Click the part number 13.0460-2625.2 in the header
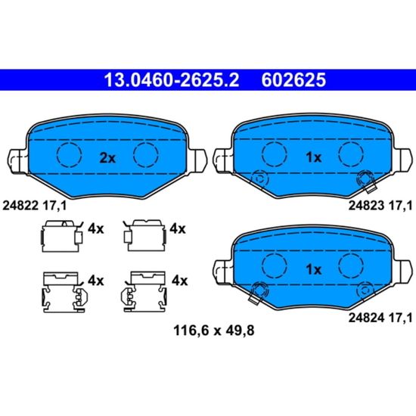point(172,80)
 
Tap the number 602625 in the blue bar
point(293,80)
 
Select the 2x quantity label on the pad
point(107,158)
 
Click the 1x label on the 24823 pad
point(314,157)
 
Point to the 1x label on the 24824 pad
point(314,269)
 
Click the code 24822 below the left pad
point(20,206)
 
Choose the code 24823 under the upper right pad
point(366,205)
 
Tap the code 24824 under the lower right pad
point(366,318)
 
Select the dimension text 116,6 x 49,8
point(214,331)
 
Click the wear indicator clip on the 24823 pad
point(366,182)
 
